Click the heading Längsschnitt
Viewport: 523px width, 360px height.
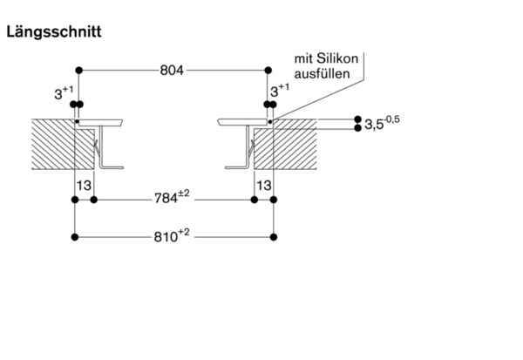click(x=54, y=33)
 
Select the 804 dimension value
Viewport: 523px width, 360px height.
click(x=172, y=70)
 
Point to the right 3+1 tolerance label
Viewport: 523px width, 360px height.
click(x=279, y=91)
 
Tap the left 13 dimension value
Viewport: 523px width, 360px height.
click(x=85, y=185)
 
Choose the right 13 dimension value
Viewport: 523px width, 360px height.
click(x=263, y=185)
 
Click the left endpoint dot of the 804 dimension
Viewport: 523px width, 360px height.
click(x=79, y=70)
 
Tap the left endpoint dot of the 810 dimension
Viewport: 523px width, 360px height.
click(x=77, y=236)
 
